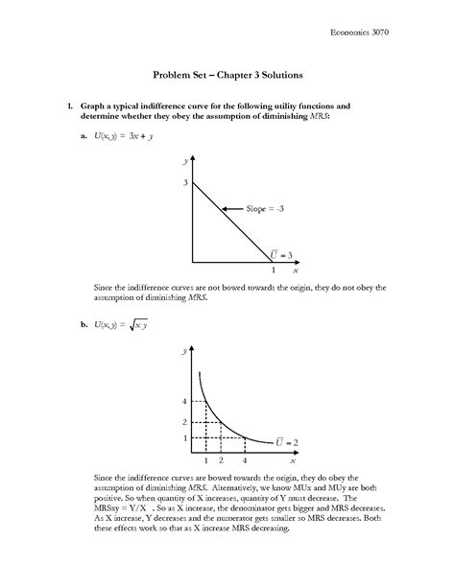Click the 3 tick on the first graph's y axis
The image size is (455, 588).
tap(184, 181)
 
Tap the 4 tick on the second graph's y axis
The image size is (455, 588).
tap(184, 401)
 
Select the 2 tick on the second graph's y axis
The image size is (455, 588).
tap(184, 422)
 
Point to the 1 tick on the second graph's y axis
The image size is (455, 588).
tap(184, 438)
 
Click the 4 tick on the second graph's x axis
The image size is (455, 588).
tap(244, 460)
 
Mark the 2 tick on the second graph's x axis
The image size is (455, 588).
tap(222, 460)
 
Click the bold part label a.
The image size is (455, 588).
tap(85, 136)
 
